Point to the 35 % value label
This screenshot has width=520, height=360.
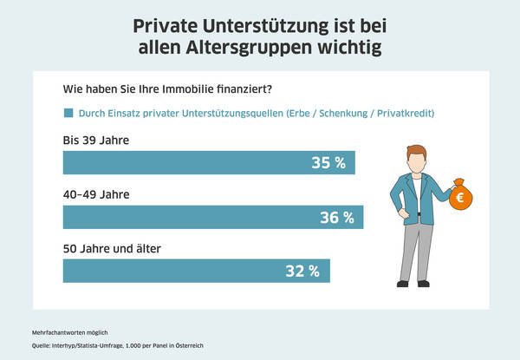pos(328,162)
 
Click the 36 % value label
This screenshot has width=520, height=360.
pos(337,217)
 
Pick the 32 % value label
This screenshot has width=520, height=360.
pos(303,271)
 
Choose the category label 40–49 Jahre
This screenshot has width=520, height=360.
pos(96,193)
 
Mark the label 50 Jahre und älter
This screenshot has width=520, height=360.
pos(112,248)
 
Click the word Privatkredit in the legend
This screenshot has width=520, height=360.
pos(400,114)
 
